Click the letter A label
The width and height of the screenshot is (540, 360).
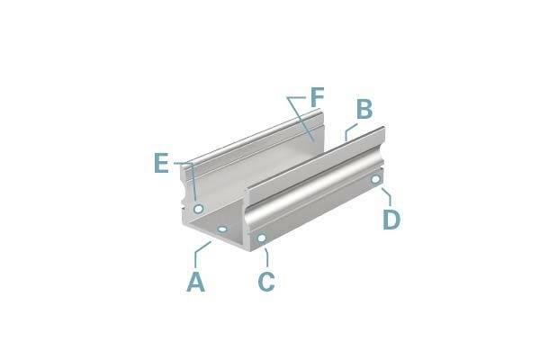196,282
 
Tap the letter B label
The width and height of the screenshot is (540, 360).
364,110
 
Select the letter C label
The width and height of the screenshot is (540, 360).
266,282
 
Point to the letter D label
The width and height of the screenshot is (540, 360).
391,219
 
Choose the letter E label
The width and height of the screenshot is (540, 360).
161,163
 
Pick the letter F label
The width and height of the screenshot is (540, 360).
317,97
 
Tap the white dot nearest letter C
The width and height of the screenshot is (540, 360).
261,238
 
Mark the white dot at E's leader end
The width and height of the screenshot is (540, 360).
198,209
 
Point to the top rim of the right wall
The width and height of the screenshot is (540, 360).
315,158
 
